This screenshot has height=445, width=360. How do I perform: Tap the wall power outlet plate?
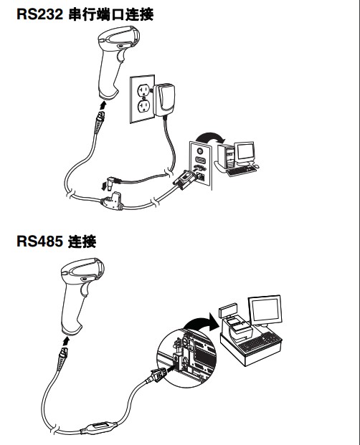coord(143,96)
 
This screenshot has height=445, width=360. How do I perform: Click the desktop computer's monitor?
coord(245,151)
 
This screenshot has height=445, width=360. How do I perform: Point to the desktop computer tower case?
coord(228,153)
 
